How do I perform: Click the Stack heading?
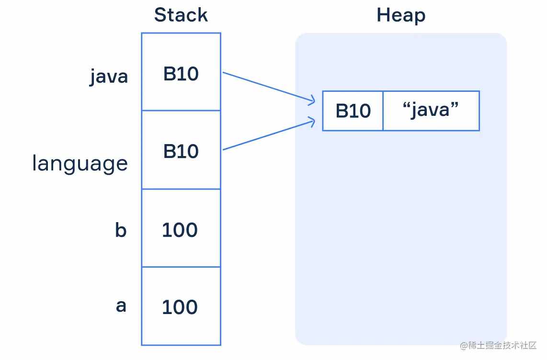[181, 15]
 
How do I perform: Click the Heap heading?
[401, 15]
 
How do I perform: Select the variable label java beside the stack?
[109, 76]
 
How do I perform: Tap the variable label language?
[80, 163]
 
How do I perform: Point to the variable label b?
[121, 230]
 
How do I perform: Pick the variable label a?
[121, 305]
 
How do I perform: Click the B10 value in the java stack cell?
[181, 74]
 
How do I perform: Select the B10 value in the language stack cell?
[181, 151]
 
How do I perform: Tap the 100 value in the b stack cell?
[180, 230]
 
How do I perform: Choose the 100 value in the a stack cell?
[180, 307]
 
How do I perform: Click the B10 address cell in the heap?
[353, 111]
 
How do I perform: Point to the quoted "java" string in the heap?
[431, 110]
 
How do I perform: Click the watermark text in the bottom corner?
[498, 345]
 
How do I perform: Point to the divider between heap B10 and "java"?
[383, 111]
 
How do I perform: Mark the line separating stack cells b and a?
[181, 267]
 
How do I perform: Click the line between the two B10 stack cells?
[181, 111]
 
